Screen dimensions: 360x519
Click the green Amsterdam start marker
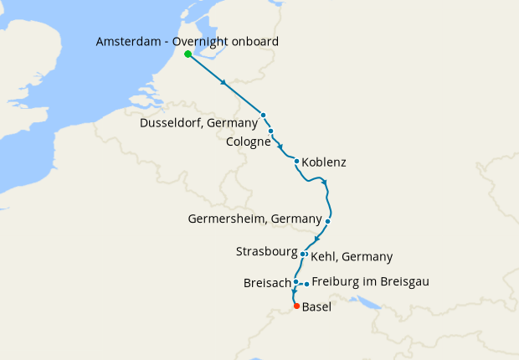(x=188, y=54)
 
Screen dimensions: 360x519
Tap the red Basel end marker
(x=295, y=306)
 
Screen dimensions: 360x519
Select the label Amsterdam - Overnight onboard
(x=188, y=41)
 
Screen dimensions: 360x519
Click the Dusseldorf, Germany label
(x=198, y=124)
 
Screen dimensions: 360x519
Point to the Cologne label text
(x=249, y=142)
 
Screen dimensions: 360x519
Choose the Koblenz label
(x=323, y=162)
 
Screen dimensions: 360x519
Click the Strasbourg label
(x=267, y=251)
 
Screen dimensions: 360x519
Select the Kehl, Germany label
(x=352, y=257)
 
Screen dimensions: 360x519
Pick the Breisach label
(x=267, y=283)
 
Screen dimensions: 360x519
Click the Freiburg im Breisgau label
(x=370, y=282)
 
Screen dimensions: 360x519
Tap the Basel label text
(x=316, y=307)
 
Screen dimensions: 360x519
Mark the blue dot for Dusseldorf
(x=263, y=115)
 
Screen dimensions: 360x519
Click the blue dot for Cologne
(x=271, y=131)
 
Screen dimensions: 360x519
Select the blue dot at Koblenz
(x=297, y=161)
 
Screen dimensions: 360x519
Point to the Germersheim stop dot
(x=328, y=221)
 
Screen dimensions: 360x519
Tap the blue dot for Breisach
(x=295, y=282)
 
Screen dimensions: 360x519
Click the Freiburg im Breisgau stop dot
(x=306, y=284)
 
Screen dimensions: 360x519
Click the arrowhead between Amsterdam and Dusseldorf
(x=224, y=84)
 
